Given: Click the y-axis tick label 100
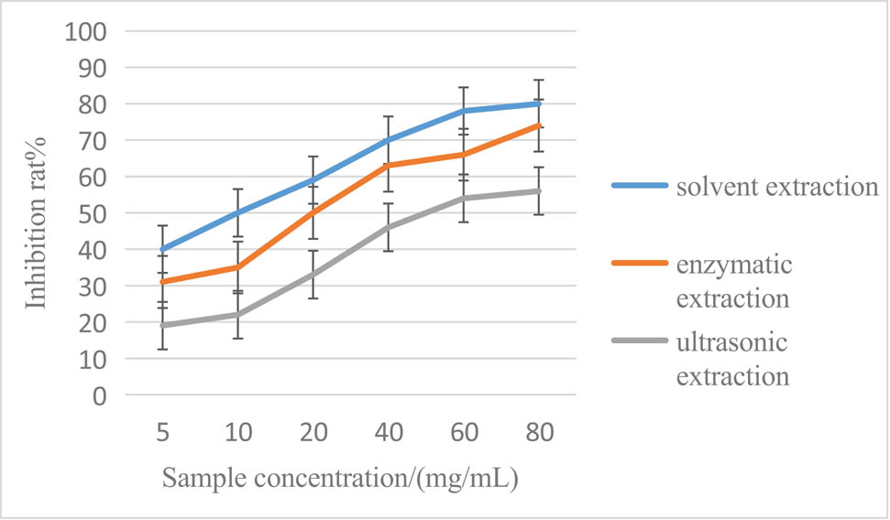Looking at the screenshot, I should click(x=85, y=31).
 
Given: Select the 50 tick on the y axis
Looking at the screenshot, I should click(x=92, y=213).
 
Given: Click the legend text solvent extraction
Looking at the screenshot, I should click(x=775, y=188).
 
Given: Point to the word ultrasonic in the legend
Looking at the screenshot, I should click(x=731, y=343).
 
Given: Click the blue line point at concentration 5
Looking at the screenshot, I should click(x=162, y=249).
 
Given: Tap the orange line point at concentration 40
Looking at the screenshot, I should click(x=389, y=166).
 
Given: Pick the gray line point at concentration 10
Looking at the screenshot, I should click(x=237, y=315).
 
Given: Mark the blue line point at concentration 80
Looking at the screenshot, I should click(x=539, y=103).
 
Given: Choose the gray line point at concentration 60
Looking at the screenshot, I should click(x=464, y=198).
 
